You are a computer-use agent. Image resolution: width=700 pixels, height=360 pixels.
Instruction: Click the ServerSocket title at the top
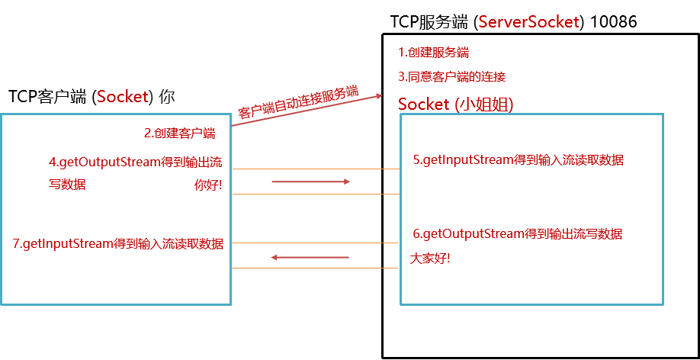528,22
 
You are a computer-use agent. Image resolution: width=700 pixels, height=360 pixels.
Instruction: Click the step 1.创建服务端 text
433,53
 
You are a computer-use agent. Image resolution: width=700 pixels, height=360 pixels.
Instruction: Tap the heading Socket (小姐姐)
455,104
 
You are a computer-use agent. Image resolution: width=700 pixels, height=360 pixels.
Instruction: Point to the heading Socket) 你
136,97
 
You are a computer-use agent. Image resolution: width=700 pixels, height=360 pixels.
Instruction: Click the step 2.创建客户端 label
179,133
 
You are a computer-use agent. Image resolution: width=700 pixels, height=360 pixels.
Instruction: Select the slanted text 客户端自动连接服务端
298,102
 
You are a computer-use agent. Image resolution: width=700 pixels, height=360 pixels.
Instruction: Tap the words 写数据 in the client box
67,185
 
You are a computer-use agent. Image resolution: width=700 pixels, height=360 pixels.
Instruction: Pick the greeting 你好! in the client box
208,185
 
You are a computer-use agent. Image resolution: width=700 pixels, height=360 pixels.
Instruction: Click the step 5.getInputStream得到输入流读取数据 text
518,160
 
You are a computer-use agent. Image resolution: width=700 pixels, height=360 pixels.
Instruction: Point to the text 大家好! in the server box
430,258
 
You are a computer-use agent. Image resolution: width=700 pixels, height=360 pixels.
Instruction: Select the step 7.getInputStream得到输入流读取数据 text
118,244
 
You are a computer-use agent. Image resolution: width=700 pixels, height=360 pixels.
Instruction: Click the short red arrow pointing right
310,182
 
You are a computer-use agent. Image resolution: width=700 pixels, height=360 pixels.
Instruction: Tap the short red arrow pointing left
310,258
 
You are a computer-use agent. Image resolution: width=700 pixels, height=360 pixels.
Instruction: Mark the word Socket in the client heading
121,97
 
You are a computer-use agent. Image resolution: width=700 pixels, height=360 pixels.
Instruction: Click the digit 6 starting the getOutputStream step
416,233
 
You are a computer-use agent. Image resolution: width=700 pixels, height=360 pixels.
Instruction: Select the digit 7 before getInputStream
17,244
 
